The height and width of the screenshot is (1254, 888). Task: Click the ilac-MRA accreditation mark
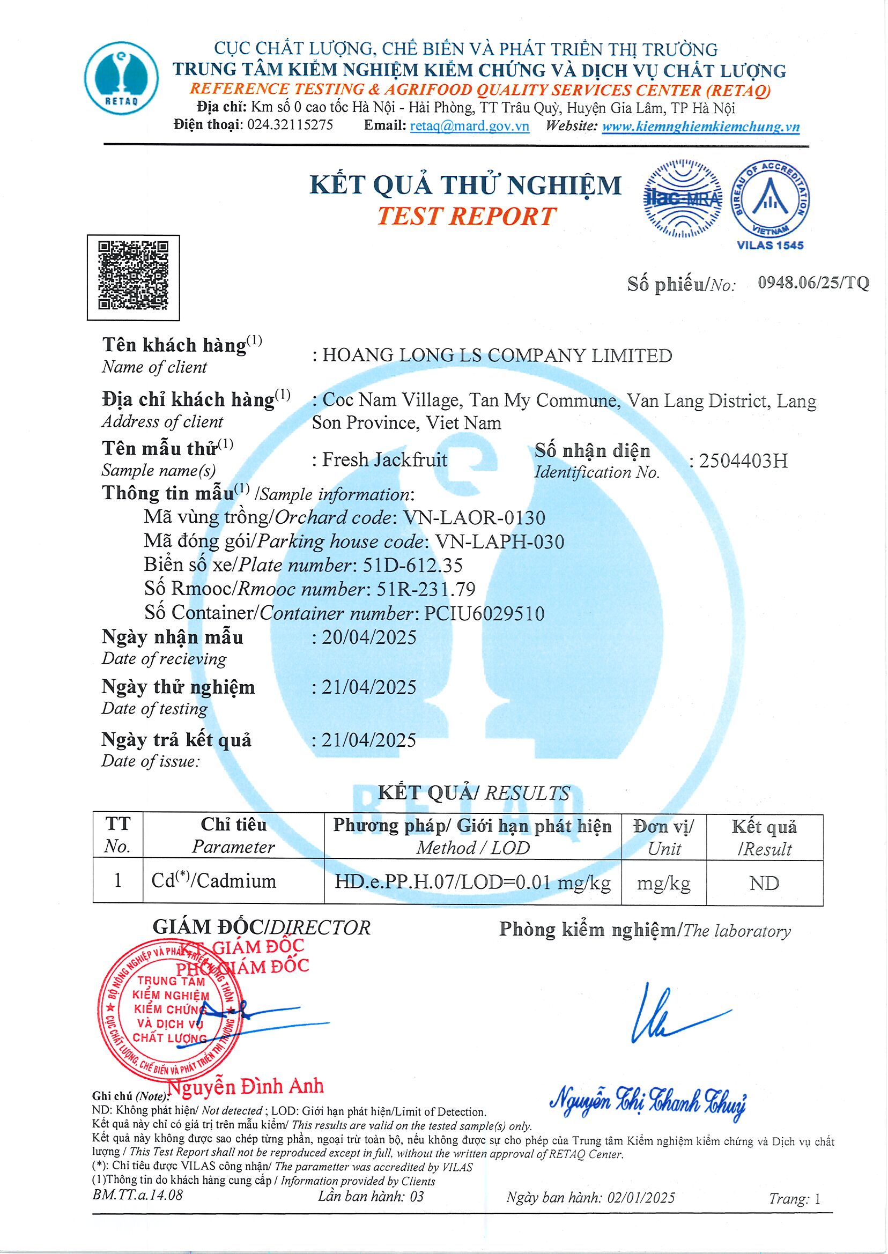coord(683,199)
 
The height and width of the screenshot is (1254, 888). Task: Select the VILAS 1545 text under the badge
coord(770,245)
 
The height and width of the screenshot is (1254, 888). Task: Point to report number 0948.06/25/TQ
coord(813,283)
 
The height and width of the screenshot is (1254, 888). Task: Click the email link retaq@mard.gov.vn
coord(469,126)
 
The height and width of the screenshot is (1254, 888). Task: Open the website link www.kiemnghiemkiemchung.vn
coord(700,127)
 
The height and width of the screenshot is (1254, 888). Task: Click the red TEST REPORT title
coord(466,217)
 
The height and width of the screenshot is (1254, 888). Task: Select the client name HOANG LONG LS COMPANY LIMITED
coord(497,355)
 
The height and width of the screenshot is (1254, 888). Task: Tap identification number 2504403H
coord(743,462)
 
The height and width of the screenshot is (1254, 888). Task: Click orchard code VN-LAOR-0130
coord(473,517)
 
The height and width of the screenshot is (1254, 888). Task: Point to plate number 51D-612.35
coord(413,565)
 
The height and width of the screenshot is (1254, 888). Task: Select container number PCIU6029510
coord(484,613)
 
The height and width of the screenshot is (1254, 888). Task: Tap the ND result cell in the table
coord(764,883)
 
